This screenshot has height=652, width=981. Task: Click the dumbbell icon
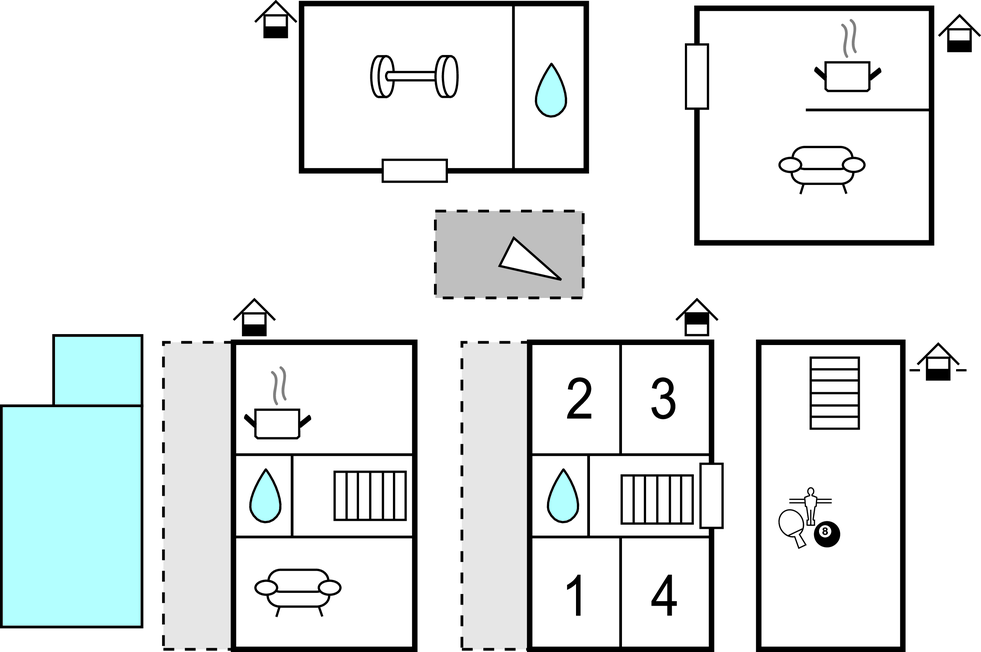point(413,77)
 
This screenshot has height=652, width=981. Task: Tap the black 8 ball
point(826,534)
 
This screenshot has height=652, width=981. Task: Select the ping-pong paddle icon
point(793,525)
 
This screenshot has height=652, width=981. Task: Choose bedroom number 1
point(575,597)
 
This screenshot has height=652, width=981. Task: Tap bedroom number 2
point(578,399)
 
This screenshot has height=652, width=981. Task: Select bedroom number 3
point(663,399)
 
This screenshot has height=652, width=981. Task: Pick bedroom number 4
point(663,597)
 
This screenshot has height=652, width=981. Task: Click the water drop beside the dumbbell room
point(549,90)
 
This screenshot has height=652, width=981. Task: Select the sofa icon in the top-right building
point(821,166)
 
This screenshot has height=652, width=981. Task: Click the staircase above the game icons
point(834,393)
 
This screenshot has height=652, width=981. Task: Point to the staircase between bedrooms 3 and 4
point(657,499)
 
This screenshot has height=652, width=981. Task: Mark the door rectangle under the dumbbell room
point(414,170)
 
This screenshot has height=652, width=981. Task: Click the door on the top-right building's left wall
point(696,76)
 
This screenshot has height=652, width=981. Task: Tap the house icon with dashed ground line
point(937,362)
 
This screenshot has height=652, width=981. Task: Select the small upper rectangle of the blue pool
point(97,370)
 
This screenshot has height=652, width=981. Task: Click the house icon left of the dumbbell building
point(276,20)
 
